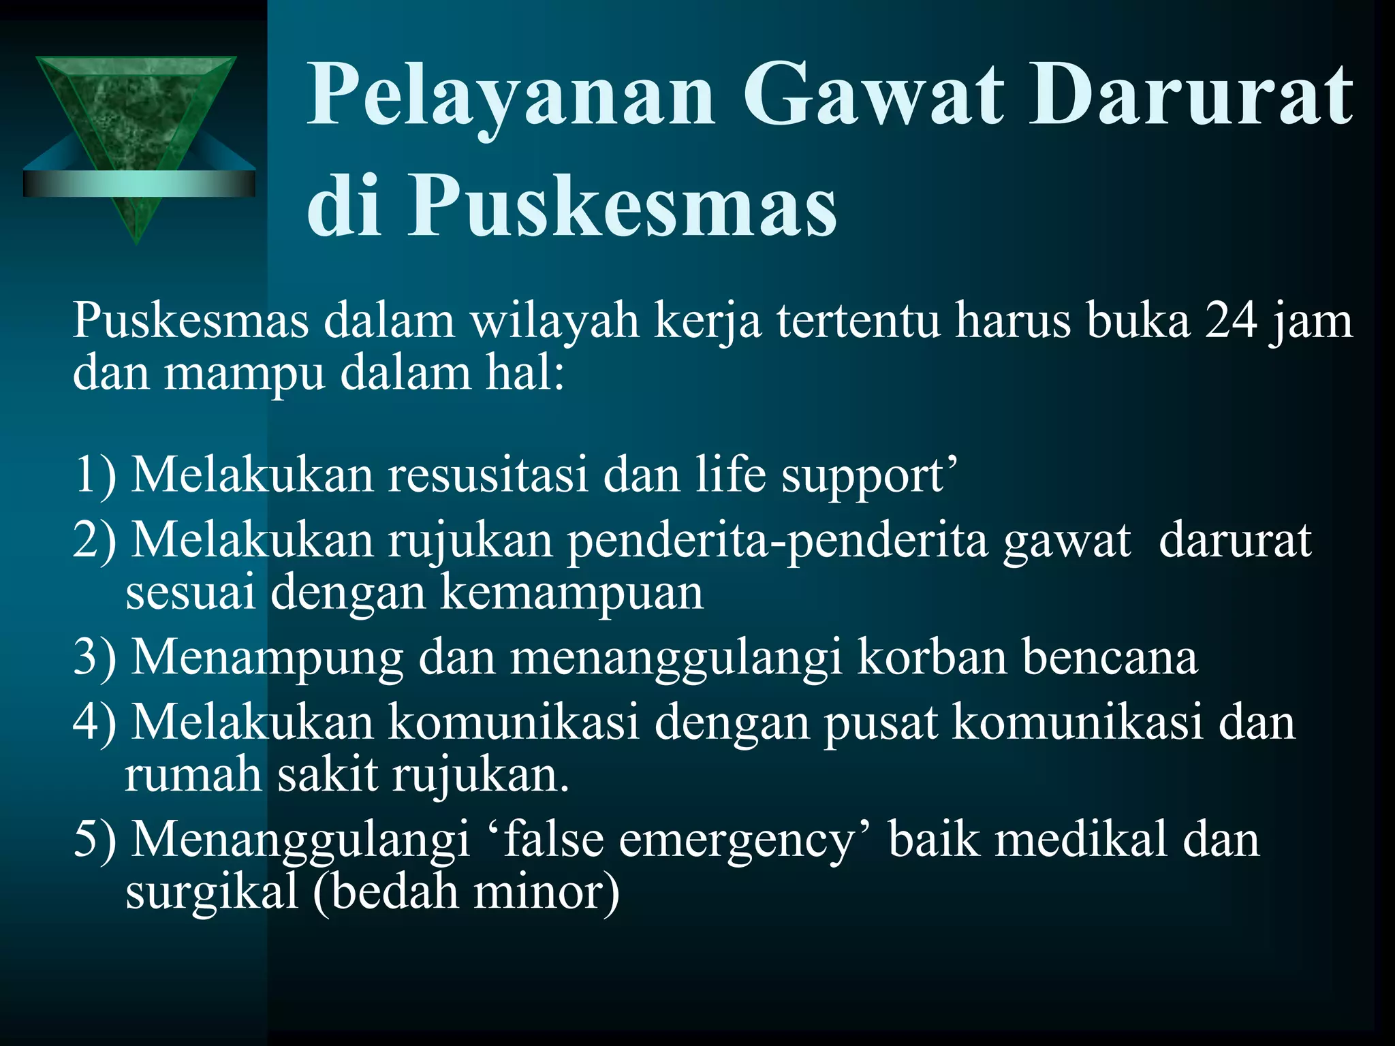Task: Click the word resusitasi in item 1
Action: [488, 475]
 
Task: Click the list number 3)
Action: [95, 657]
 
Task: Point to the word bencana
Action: [1110, 657]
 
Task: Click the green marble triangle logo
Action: [136, 109]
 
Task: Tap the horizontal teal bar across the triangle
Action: [139, 183]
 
